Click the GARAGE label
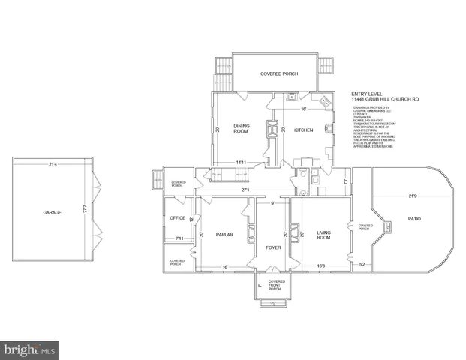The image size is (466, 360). click(52, 212)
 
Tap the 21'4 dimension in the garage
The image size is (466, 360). click(52, 164)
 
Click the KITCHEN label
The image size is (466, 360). click(303, 130)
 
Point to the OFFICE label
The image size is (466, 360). click(177, 218)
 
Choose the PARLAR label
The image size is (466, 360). click(225, 235)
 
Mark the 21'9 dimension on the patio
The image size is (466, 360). click(411, 196)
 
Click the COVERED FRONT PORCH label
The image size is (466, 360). click(272, 285)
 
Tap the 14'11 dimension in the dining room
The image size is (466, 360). click(242, 163)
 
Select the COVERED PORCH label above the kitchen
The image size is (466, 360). click(278, 73)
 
